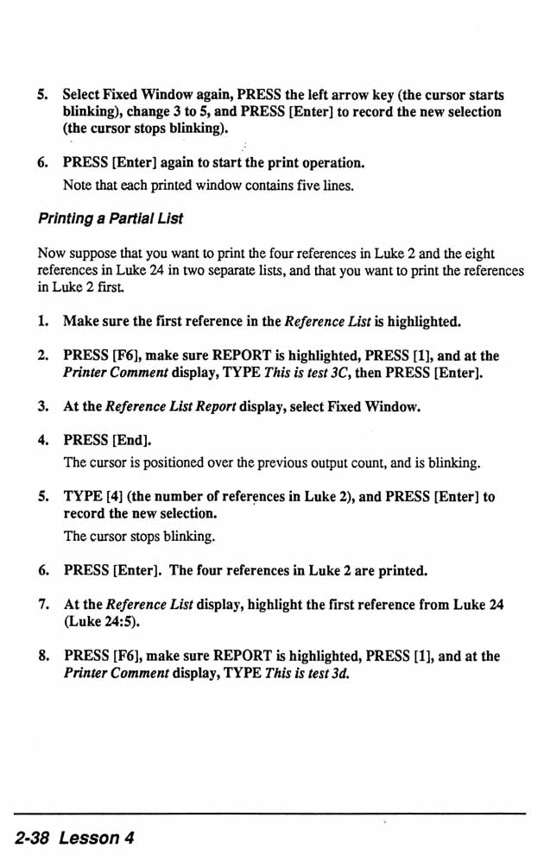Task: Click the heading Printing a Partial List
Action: pos(110,218)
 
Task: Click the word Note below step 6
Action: pos(77,185)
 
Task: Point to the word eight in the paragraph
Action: pos(477,253)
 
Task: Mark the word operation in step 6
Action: pos(333,162)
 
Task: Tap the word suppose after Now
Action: pos(92,253)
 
